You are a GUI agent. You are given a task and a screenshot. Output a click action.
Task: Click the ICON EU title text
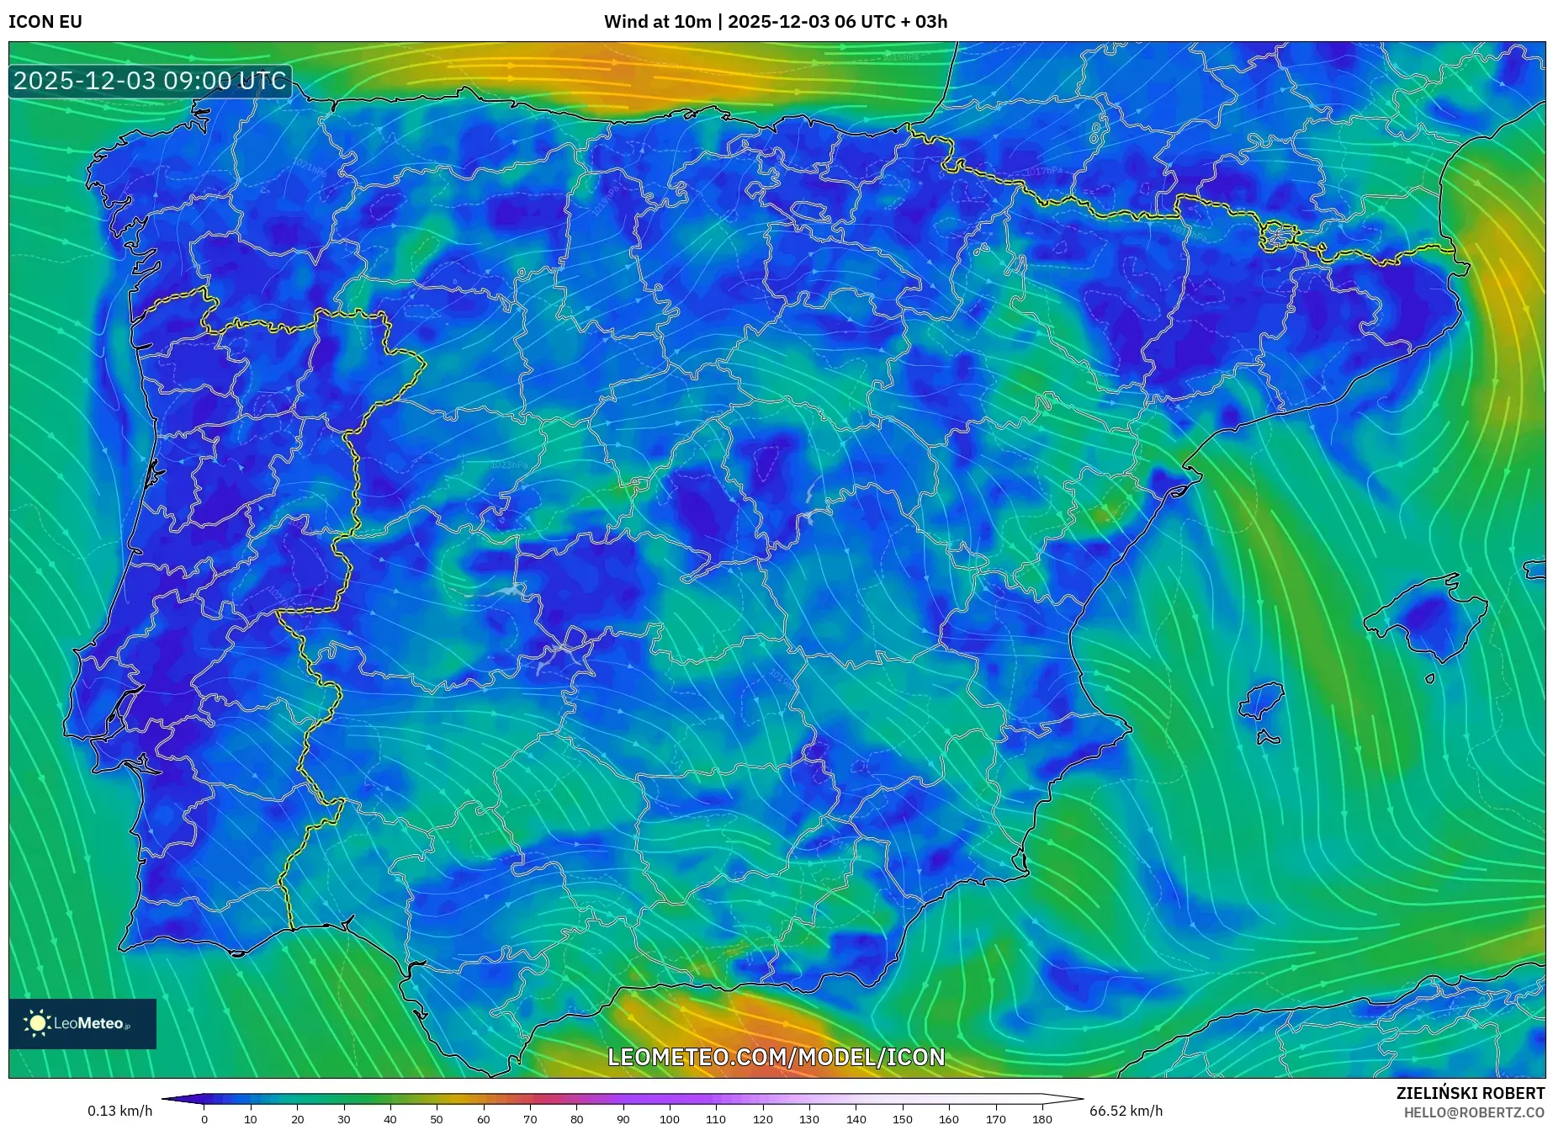45,22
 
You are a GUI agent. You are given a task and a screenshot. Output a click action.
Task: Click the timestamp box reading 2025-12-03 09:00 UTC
150,82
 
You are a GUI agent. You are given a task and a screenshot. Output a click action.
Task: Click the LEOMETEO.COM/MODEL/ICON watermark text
776,1057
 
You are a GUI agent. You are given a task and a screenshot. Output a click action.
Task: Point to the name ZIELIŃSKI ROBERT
1470,1093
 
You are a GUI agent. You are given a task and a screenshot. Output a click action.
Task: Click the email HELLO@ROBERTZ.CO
1473,1112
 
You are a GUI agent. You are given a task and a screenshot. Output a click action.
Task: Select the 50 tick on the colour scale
436,1119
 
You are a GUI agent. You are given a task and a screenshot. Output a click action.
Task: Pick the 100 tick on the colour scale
669,1119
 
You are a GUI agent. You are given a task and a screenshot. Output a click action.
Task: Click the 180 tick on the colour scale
1042,1119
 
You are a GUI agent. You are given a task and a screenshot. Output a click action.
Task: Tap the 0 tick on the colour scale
204,1119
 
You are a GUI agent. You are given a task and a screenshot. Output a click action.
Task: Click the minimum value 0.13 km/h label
119,1111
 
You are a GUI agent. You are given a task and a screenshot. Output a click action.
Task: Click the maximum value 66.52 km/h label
1126,1111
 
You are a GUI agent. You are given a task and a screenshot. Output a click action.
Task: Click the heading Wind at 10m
657,22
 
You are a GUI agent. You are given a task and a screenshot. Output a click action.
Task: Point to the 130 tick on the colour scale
808,1119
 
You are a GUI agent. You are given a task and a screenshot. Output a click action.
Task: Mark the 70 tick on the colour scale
529,1119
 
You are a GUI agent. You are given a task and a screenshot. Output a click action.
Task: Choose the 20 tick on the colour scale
297,1119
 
